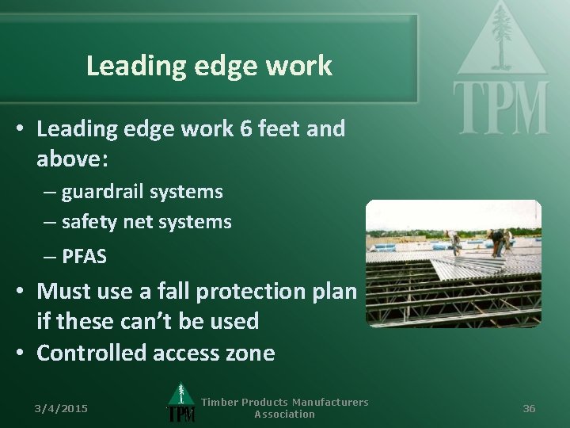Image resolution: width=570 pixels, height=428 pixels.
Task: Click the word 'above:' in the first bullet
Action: click(73, 159)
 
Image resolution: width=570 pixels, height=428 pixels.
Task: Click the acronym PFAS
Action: click(84, 257)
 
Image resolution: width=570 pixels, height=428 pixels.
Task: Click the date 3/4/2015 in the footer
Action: click(61, 408)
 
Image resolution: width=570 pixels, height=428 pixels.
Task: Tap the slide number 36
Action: click(529, 408)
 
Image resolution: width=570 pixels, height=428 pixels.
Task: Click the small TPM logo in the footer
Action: click(181, 404)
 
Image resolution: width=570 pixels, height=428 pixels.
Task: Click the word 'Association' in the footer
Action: click(284, 414)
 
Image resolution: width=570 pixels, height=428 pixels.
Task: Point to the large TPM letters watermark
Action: click(500, 107)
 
